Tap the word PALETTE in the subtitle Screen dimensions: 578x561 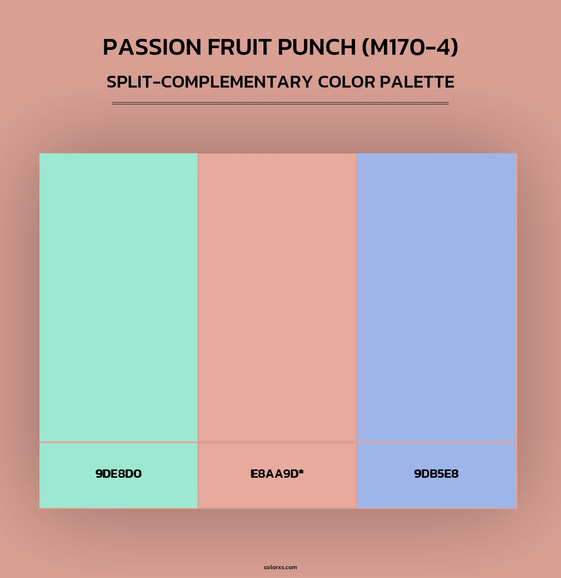tap(417, 82)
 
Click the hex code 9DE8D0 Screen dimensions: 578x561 tap(118, 474)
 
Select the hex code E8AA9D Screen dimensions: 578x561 tap(274, 474)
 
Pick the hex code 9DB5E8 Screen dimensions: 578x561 tap(436, 474)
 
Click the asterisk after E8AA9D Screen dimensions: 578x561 tap(302, 472)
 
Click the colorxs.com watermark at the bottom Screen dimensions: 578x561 tap(280, 567)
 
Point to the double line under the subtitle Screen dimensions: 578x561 tap(280, 103)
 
